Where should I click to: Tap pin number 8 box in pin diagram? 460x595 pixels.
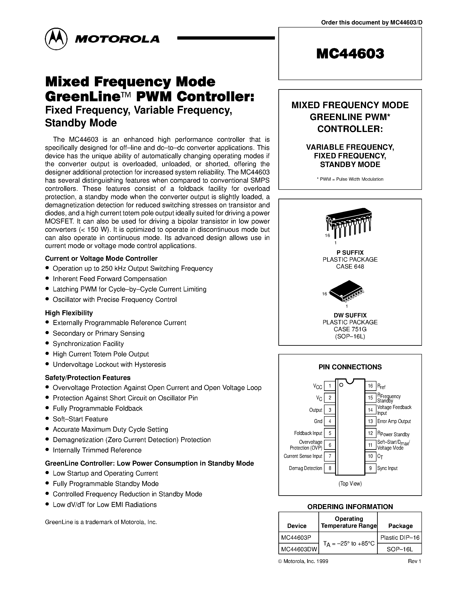[330, 468]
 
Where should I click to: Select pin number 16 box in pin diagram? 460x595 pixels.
[370, 386]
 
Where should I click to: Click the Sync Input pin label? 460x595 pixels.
[387, 468]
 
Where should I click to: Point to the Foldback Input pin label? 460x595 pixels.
[308, 433]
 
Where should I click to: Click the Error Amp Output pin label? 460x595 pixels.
[394, 421]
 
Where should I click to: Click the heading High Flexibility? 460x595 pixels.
[69, 313]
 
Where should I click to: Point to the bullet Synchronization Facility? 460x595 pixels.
[88, 344]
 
